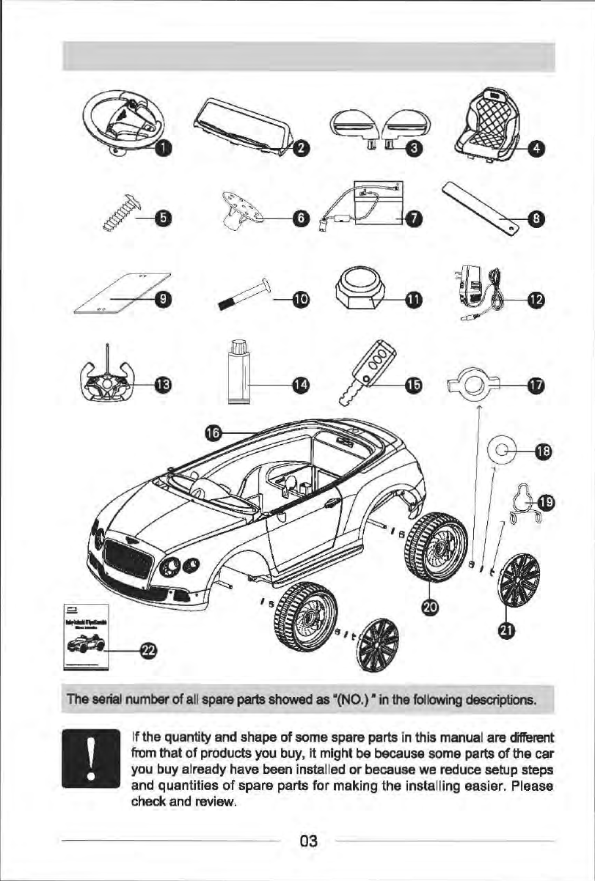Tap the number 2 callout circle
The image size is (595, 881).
(x=299, y=149)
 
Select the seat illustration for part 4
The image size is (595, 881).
(x=489, y=122)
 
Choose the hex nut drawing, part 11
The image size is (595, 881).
(x=359, y=291)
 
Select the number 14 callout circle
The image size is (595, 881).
(x=300, y=383)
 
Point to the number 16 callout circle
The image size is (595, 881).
(x=213, y=432)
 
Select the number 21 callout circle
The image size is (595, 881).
(x=506, y=630)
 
